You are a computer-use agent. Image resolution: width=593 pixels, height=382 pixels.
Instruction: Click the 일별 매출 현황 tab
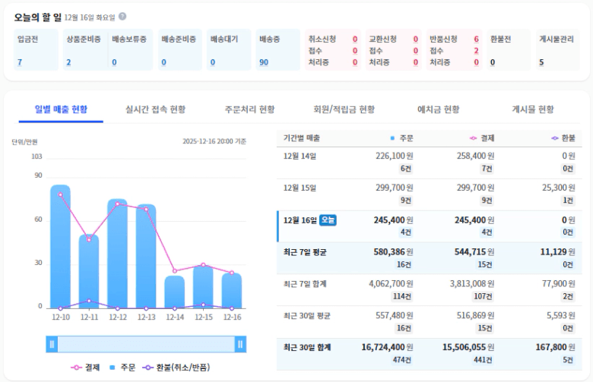(61, 109)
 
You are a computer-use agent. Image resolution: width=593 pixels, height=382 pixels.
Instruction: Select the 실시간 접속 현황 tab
(155, 109)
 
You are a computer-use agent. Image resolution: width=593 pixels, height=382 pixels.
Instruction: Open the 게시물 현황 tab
(533, 109)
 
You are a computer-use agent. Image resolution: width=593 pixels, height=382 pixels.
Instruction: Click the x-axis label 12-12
(118, 317)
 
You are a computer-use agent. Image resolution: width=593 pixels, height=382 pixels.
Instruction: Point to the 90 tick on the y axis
(38, 175)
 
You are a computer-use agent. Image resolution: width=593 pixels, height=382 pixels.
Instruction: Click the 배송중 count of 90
(264, 62)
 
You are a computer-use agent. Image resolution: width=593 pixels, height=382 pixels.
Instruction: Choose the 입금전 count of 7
(20, 62)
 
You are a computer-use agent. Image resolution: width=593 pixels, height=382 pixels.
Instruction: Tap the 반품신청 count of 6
(476, 39)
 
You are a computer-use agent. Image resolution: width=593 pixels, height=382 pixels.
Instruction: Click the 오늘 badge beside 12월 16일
(328, 220)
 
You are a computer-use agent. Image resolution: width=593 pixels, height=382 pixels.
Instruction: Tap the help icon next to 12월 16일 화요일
(122, 16)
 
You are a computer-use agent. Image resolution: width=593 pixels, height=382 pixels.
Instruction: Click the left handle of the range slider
(52, 344)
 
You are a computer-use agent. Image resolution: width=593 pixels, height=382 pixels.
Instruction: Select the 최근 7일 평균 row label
(304, 251)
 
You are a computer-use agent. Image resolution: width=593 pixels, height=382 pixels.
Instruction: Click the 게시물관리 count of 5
(541, 62)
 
